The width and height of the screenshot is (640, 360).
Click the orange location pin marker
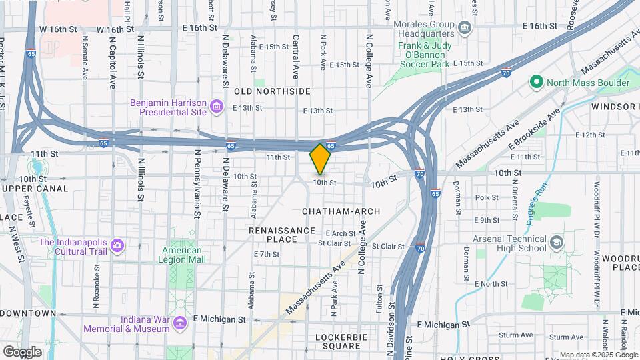[x=321, y=159]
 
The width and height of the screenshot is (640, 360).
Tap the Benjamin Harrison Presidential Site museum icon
[x=216, y=107]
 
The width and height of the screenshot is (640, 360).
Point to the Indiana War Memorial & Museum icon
[x=178, y=323]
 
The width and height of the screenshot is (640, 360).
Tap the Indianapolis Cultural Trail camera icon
[x=117, y=246]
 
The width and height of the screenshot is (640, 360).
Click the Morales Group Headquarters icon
[x=465, y=28]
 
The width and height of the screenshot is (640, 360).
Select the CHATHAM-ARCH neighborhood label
[x=341, y=211]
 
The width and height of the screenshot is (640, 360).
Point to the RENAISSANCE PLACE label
[x=281, y=235]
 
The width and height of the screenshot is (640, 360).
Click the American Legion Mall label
[x=182, y=256]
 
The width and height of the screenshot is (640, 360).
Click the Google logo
[x=22, y=351]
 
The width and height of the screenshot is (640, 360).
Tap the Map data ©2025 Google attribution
[x=598, y=355]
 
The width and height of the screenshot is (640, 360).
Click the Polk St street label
[x=487, y=197]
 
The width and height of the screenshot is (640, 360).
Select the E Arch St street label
[x=341, y=233]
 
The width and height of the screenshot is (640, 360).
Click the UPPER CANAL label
[x=35, y=189]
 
